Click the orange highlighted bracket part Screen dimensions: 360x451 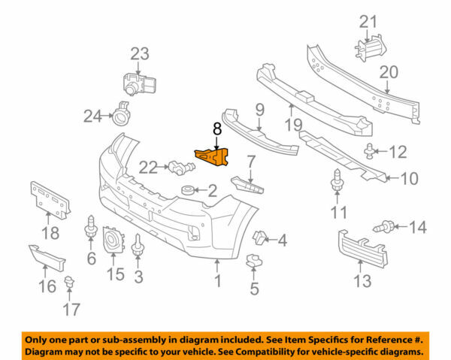coord(213,157)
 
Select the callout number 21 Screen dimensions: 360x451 coord(369,21)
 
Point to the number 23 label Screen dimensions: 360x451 coord(140,54)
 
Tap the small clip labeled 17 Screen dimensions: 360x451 coord(71,283)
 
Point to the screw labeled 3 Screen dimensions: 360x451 coord(139,246)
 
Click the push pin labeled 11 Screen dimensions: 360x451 coord(337,181)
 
